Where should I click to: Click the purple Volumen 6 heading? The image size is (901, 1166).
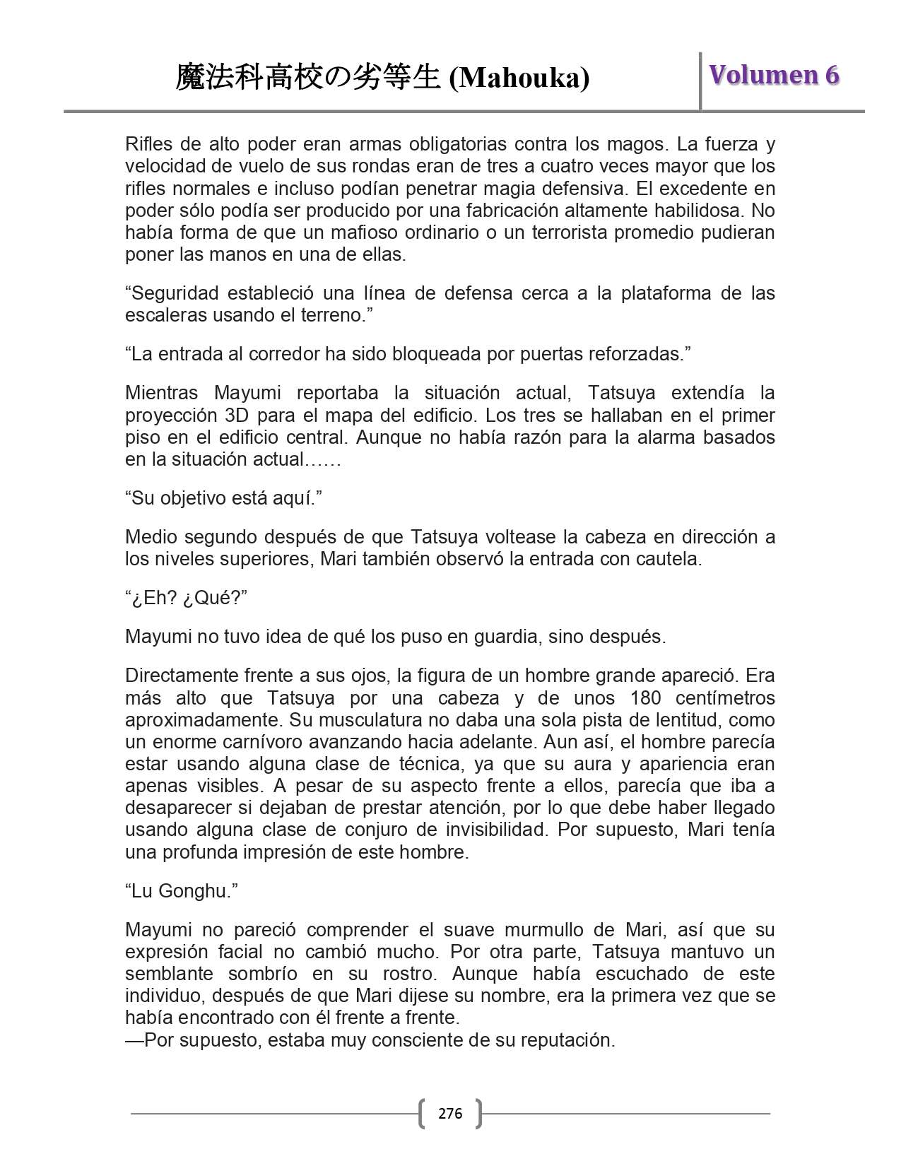(774, 75)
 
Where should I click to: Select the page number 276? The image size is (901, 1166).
(450, 1114)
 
